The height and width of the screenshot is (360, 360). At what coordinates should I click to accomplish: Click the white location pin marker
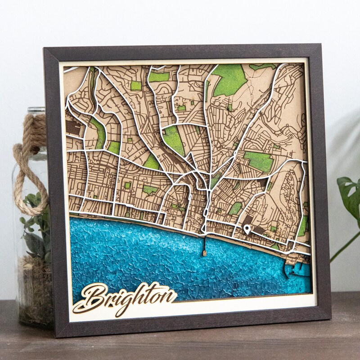coord(247,229)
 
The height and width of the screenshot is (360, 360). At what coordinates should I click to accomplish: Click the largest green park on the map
coord(230,79)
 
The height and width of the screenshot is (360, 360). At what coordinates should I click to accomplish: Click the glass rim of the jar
coord(36,110)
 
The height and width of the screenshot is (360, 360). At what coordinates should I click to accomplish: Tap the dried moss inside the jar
coord(36,288)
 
